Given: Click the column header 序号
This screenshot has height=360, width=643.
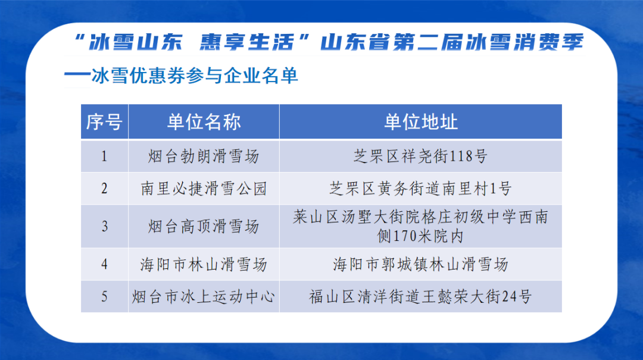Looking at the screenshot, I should coord(104,122).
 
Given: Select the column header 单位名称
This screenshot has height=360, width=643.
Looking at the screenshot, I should coord(204,122).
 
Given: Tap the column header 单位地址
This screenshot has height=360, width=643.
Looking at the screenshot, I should coord(420,122).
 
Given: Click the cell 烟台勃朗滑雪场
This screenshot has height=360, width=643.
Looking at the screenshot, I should coord(204,156).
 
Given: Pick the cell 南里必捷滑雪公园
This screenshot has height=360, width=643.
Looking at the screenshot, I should coord(204,189).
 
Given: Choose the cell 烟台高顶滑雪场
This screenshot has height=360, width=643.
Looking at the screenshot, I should coord(204,226).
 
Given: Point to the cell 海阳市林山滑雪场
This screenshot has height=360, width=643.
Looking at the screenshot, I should coord(204,264).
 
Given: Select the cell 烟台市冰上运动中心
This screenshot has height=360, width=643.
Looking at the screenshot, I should coord(204,296).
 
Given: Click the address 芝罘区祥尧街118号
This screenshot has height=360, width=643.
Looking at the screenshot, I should coord(420,156).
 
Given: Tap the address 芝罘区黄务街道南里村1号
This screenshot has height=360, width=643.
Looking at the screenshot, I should coord(420,189).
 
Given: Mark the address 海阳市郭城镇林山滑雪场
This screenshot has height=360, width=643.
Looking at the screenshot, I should coord(420,264).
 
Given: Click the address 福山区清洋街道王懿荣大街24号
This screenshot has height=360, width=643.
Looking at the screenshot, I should coord(420,296).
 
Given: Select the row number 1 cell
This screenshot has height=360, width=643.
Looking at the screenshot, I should coord(104,156).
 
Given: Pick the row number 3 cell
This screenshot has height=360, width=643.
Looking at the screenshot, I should coord(104,226).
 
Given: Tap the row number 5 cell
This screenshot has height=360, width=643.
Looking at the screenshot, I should coord(104,296).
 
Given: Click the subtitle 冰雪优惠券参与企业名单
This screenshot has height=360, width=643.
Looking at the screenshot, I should coord(193,76).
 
